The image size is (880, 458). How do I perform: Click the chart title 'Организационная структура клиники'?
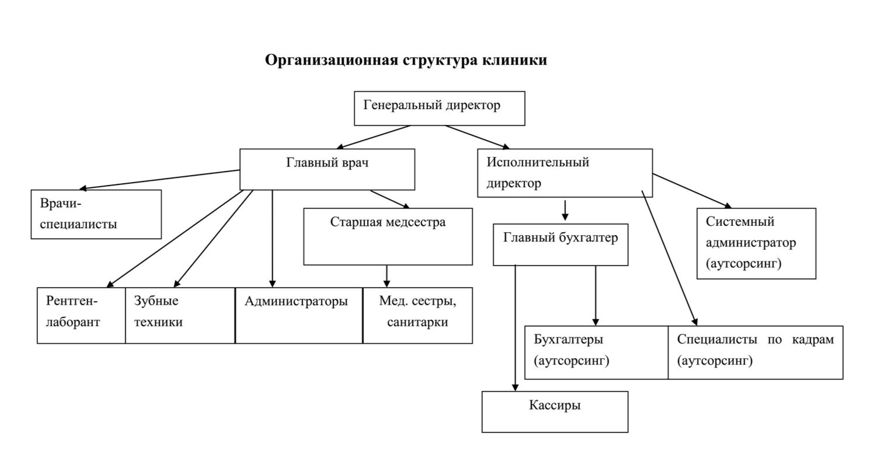406,60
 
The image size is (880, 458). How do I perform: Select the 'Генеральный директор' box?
439,108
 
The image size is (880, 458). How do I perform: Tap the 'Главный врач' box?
327,169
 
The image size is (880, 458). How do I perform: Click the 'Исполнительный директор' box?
565,173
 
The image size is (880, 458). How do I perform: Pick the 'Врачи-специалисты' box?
96,214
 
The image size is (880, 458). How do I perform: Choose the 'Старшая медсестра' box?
388,236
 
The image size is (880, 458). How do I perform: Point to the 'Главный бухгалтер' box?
561,244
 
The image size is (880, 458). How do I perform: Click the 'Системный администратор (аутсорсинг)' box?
756,243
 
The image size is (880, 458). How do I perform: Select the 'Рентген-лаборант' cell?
81,315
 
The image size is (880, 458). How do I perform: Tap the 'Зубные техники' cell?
180,315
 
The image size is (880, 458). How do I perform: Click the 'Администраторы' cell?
299,315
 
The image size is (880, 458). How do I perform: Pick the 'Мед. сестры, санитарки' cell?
418,315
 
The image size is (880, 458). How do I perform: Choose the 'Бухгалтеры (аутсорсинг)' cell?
596,352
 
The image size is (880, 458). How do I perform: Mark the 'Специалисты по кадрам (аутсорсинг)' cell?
756,352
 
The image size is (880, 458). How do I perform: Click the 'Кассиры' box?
555,411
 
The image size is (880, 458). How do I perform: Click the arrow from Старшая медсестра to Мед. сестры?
387,276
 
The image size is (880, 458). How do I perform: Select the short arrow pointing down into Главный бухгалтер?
565,211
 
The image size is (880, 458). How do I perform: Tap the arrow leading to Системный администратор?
692,190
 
